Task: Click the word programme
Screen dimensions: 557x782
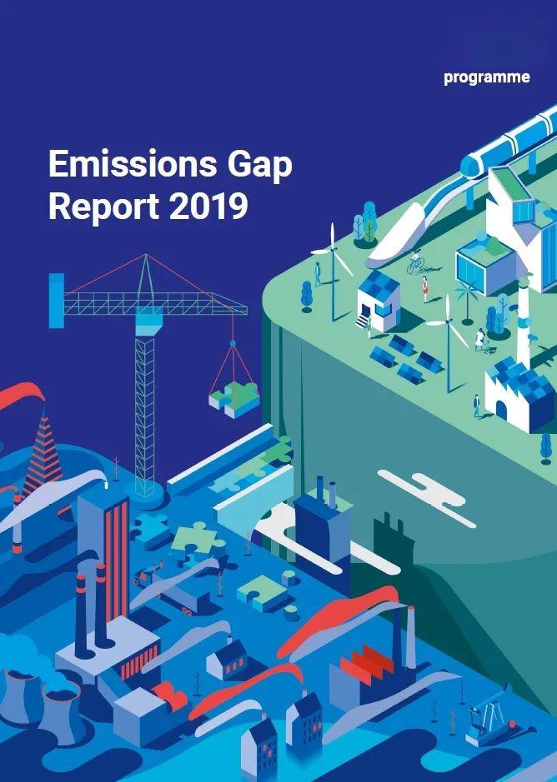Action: click(x=487, y=77)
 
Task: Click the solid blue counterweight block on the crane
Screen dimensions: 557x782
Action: click(x=57, y=301)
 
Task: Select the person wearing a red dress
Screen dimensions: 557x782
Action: click(x=425, y=289)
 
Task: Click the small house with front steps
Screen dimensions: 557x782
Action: click(x=379, y=301)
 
